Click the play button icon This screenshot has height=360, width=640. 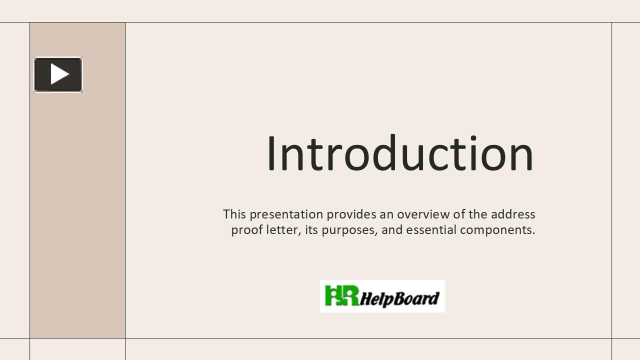coord(58,74)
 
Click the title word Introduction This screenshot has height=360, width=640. coord(400,153)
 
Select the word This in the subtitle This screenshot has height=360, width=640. coord(234,214)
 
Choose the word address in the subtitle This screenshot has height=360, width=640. coord(513,214)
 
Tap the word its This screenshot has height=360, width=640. coord(311,230)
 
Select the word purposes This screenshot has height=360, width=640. coord(349,230)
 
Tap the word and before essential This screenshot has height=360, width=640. coord(392,230)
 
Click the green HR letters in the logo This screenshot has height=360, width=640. coord(341,295)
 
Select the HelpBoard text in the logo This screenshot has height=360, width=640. coord(399,298)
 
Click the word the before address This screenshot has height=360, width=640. coord(478,214)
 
